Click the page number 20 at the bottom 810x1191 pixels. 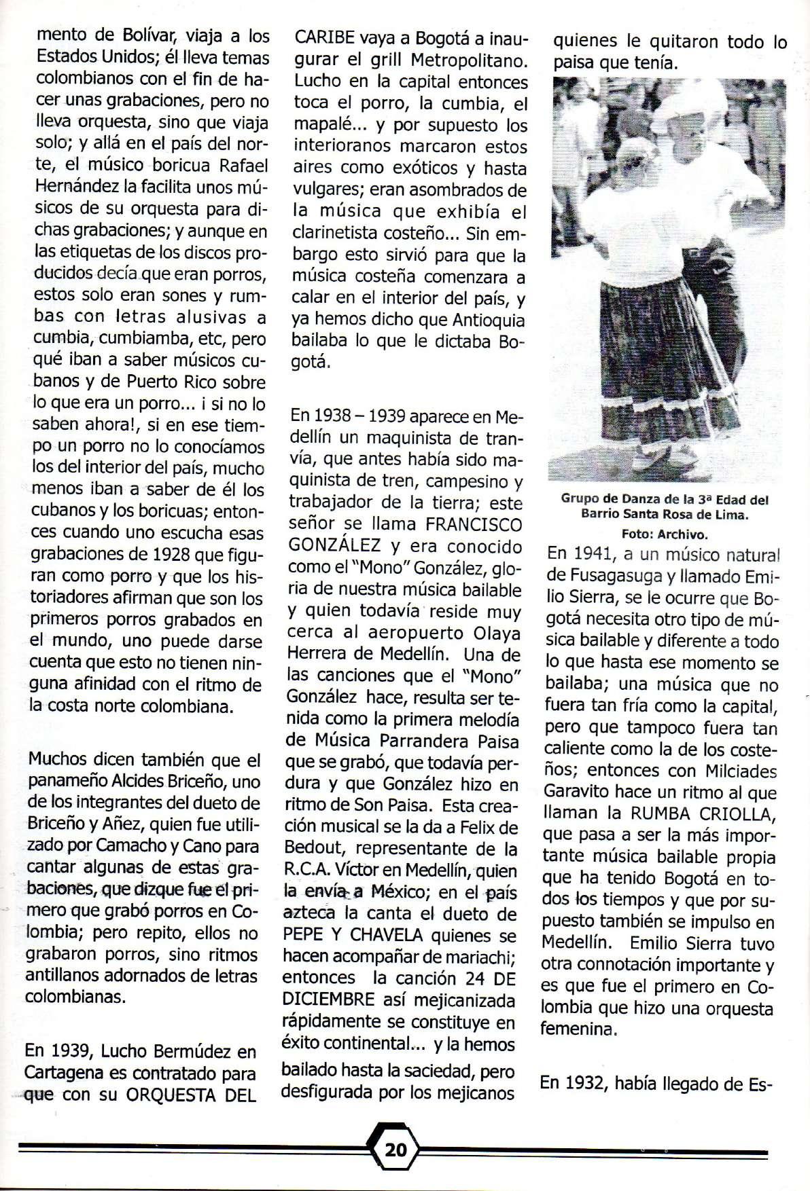395,1150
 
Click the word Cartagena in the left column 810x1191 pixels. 65,1074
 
